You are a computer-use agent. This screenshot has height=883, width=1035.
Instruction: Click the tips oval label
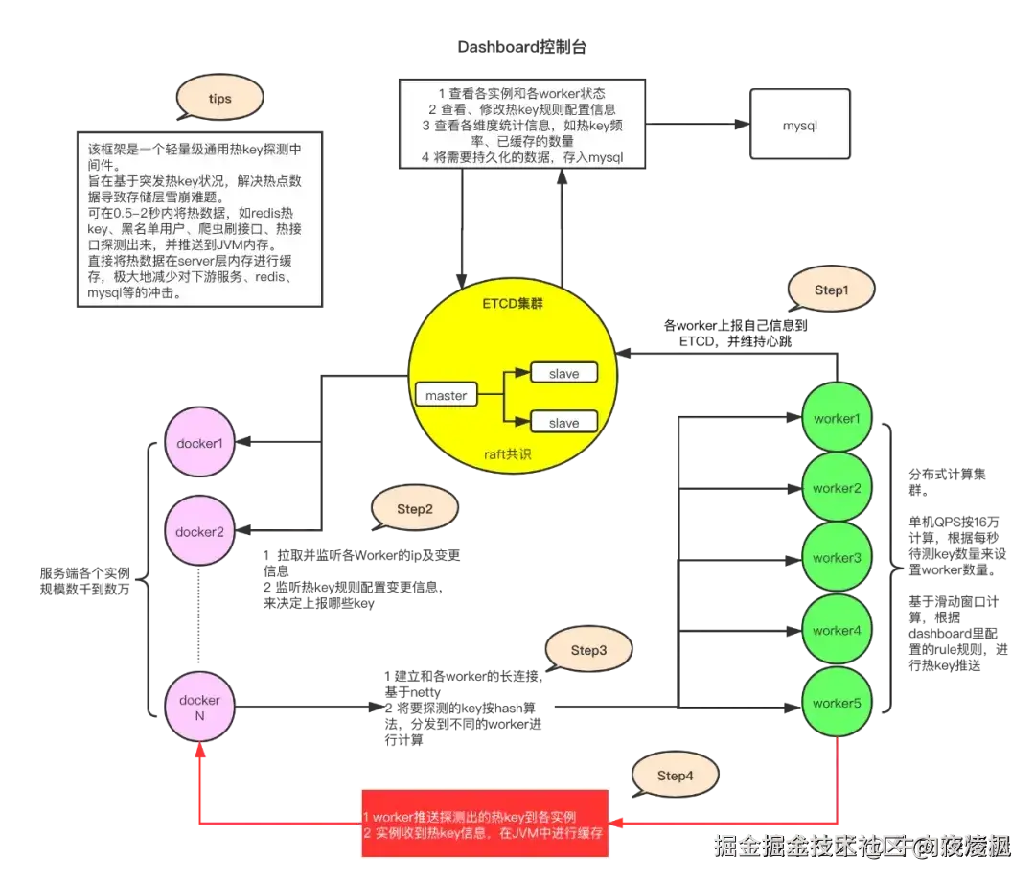(219, 99)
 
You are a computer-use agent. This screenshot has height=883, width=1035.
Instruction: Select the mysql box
(800, 125)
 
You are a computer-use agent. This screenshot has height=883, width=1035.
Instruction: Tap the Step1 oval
(831, 290)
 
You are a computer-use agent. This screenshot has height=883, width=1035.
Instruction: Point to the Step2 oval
(414, 509)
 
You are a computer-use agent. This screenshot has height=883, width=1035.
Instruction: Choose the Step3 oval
(588, 650)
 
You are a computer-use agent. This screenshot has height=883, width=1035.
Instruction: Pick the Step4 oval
(675, 775)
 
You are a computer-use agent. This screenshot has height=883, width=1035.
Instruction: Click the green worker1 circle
(837, 419)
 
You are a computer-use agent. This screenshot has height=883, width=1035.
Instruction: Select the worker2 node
(837, 488)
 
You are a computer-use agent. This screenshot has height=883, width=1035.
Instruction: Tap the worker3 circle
(837, 558)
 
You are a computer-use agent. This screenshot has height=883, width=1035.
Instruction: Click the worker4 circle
(837, 630)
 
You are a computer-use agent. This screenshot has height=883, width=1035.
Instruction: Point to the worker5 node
(837, 703)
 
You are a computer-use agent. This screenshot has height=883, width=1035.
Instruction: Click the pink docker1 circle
(199, 443)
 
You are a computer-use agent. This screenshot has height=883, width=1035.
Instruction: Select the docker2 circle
(199, 531)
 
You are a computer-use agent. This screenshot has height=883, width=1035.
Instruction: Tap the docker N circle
(199, 708)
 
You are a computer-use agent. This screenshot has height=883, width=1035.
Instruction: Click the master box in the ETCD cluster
(446, 395)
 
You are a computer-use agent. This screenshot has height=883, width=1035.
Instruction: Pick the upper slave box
(563, 374)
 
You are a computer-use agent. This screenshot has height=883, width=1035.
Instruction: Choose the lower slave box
(563, 422)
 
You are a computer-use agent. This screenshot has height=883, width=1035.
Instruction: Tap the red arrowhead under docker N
(199, 754)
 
